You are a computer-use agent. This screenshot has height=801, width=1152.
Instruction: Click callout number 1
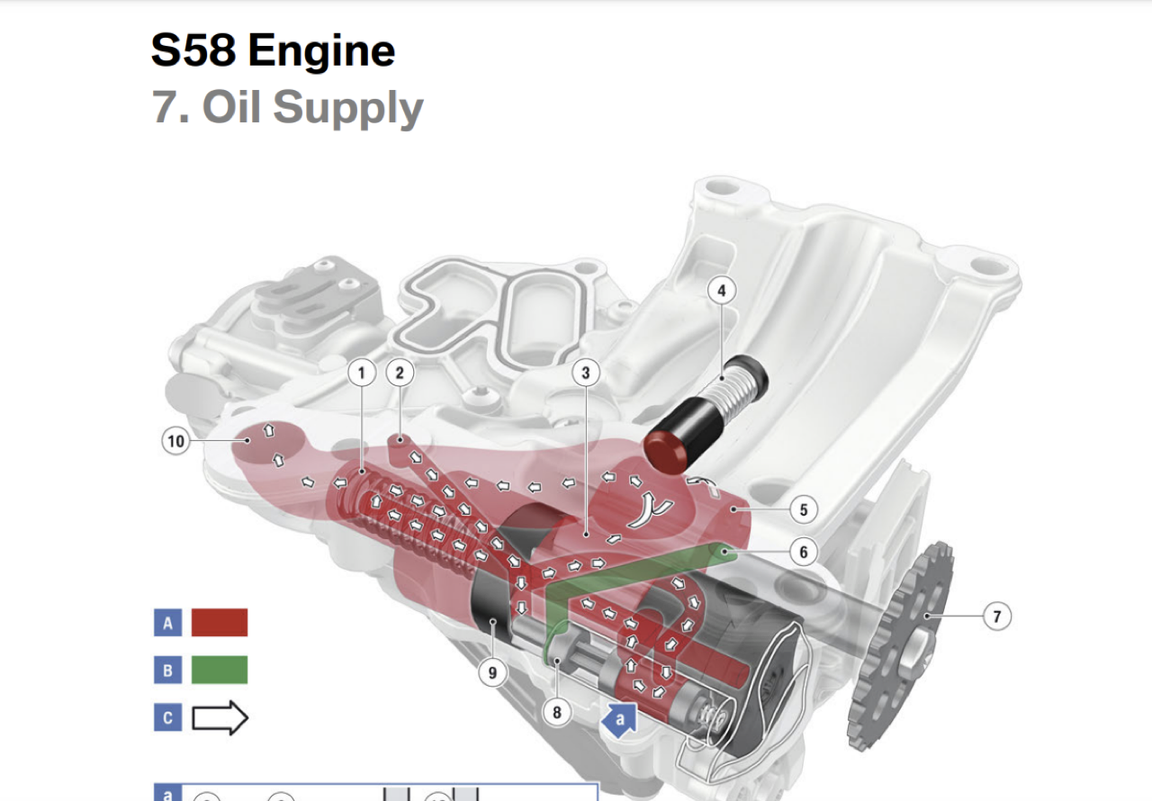tap(362, 373)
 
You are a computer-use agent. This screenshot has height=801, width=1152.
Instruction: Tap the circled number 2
tap(400, 373)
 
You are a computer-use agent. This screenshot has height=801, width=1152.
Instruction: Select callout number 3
tap(586, 373)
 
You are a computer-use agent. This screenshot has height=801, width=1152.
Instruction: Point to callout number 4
tap(722, 291)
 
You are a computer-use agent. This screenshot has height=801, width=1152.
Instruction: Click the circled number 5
tap(804, 510)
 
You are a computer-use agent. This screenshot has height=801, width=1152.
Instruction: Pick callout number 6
tap(804, 553)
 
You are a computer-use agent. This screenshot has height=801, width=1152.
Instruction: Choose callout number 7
tap(996, 616)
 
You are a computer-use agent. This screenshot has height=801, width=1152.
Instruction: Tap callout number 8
tap(557, 713)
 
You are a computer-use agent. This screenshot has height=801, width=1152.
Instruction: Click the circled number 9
tap(492, 672)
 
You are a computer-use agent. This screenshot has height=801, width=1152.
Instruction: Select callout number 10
tap(175, 441)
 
